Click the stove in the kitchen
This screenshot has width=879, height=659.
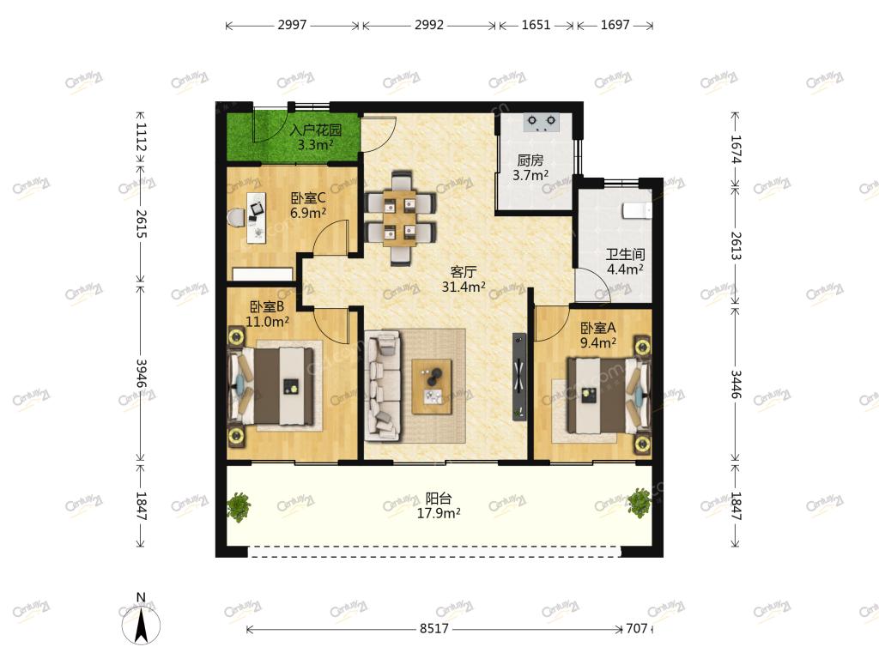pos(542,122)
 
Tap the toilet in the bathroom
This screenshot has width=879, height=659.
pos(637,211)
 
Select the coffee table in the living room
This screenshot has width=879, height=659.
pos(432,387)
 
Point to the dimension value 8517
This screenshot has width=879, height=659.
pos(434,629)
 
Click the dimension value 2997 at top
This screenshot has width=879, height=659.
pos(292,25)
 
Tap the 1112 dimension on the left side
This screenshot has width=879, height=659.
pos(141,137)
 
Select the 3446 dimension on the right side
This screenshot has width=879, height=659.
pos(736,384)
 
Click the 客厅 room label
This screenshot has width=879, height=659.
pos(464,272)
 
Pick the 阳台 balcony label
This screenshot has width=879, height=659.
pos(439,499)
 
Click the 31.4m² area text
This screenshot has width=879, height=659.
pos(464,287)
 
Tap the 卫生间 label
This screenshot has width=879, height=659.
pos(626,254)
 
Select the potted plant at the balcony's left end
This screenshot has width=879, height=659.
pos(239,507)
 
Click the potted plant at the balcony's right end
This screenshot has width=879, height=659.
pos(639,503)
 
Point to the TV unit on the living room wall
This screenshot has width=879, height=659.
pos(519,377)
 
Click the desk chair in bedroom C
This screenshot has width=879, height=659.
pos(237,217)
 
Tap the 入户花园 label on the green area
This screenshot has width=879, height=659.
pos(316,130)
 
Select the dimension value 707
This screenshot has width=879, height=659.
pos(637,629)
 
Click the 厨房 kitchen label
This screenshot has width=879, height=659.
pos(530,160)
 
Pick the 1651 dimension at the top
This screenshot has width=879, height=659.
pos(536,25)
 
